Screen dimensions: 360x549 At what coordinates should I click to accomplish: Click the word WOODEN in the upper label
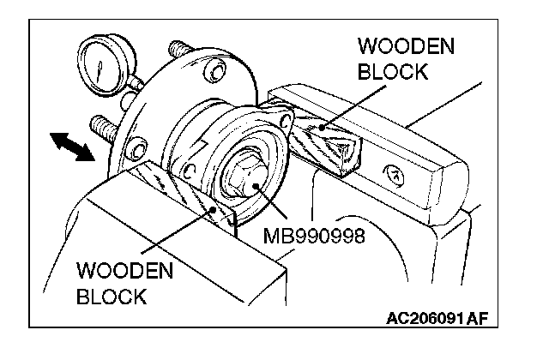click(394, 45)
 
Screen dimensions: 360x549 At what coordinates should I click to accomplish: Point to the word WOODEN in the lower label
click(125, 273)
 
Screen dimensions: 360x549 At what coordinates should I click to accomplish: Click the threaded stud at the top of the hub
click(178, 48)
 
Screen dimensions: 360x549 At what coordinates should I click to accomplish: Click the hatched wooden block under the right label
click(324, 141)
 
